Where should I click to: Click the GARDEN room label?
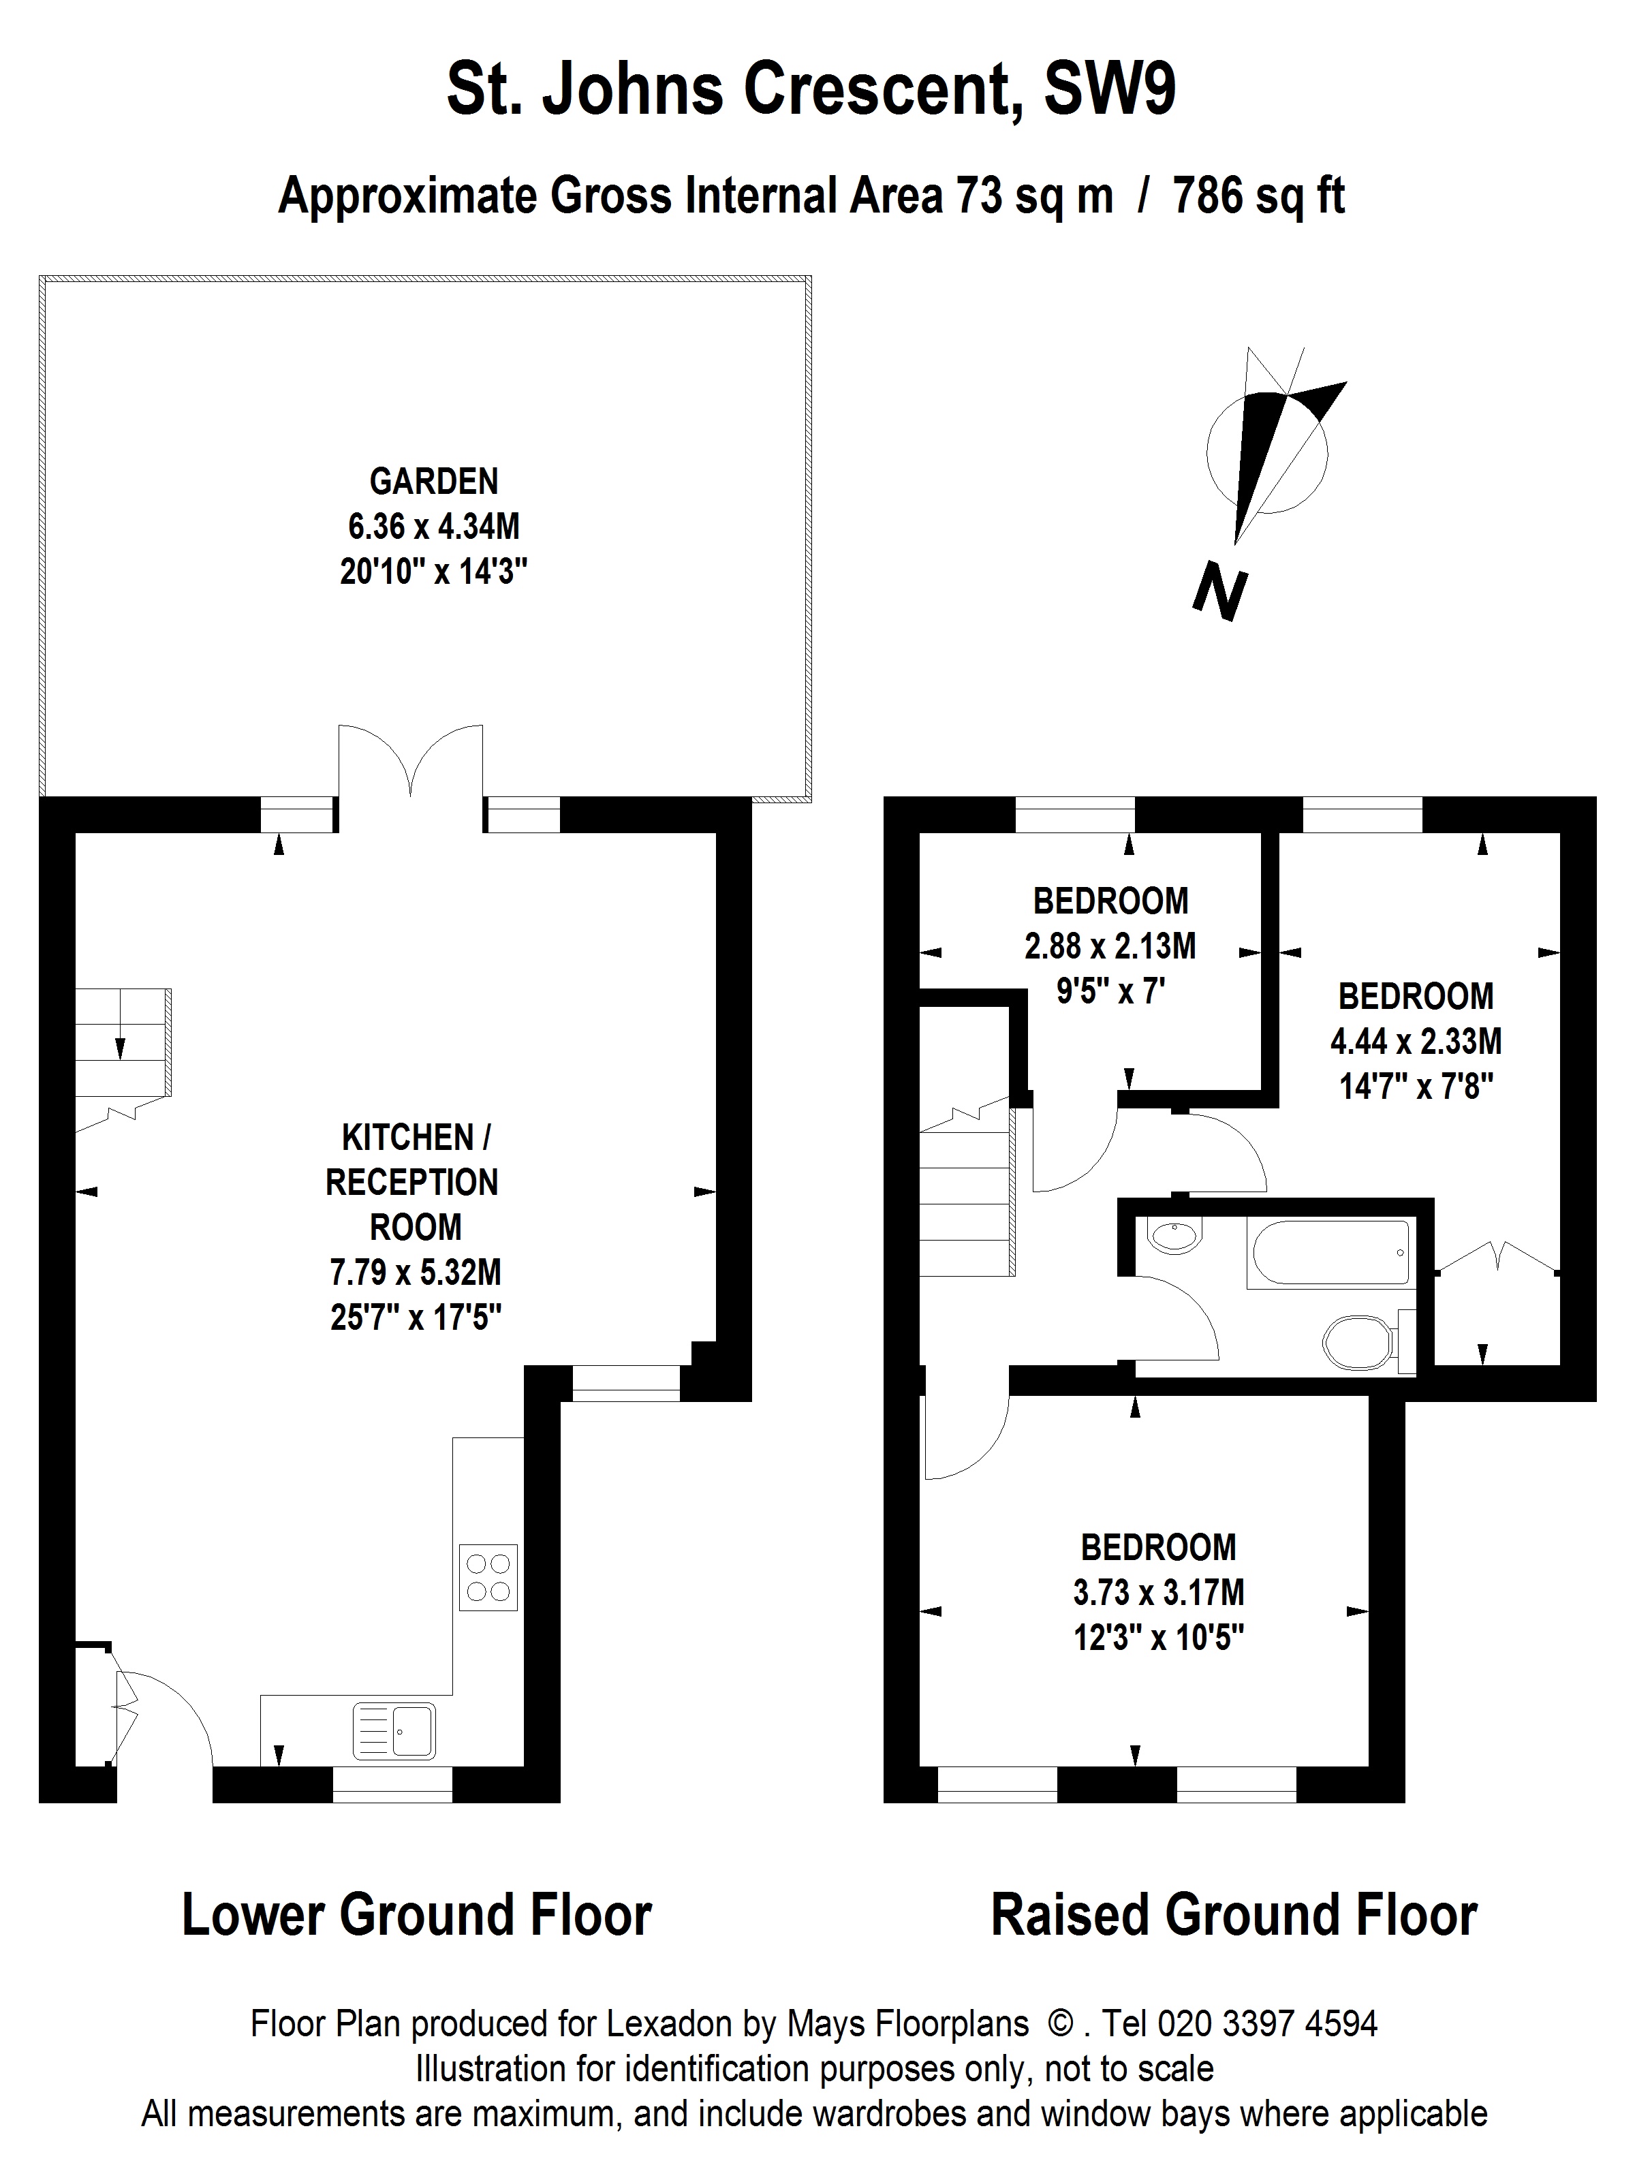pos(434,481)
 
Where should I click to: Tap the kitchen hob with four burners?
pos(488,1577)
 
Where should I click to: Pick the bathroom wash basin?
pos(1174,1236)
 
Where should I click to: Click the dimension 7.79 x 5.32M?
pos(415,1273)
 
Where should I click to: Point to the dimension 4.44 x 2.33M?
pos(1416,1041)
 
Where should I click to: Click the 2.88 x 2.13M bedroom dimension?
pos(1110,946)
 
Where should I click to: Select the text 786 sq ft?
pos(1258,196)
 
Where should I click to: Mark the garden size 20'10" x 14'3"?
pos(434,572)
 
